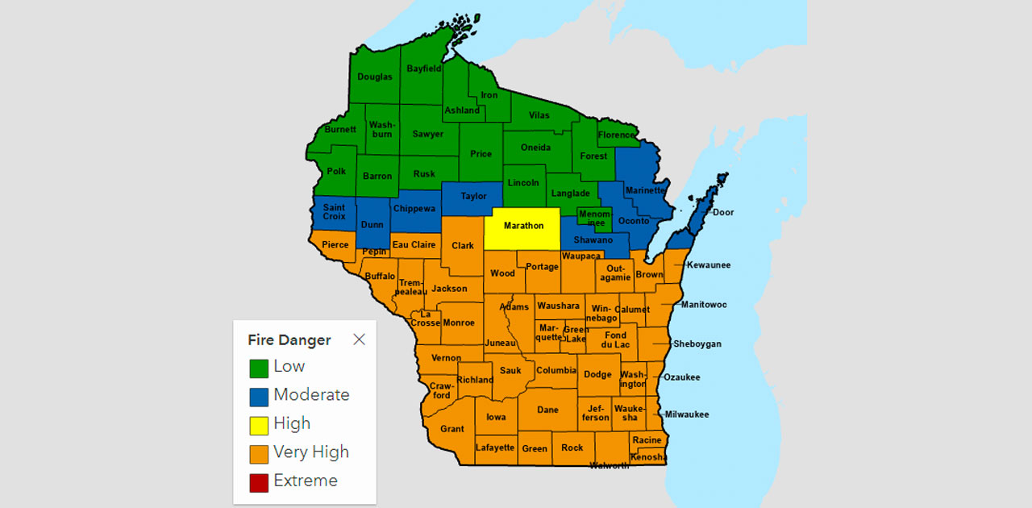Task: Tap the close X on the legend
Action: pos(360,339)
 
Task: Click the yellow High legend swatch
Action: pos(259,425)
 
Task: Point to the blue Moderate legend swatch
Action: pos(259,397)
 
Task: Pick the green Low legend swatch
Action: pos(259,368)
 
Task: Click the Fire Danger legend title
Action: pos(289,340)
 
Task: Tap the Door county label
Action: pos(723,213)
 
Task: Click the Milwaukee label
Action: pos(687,414)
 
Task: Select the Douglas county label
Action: pos(375,77)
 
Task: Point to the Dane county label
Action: pos(547,410)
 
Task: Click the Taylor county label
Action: pos(473,197)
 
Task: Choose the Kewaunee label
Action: pos(709,265)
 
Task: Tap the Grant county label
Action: pos(451,429)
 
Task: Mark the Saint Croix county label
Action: pos(334,212)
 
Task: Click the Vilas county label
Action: pos(539,115)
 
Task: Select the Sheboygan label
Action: pos(697,344)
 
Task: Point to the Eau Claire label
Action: pos(414,245)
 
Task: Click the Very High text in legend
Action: pos(311,452)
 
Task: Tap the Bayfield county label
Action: pos(423,69)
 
